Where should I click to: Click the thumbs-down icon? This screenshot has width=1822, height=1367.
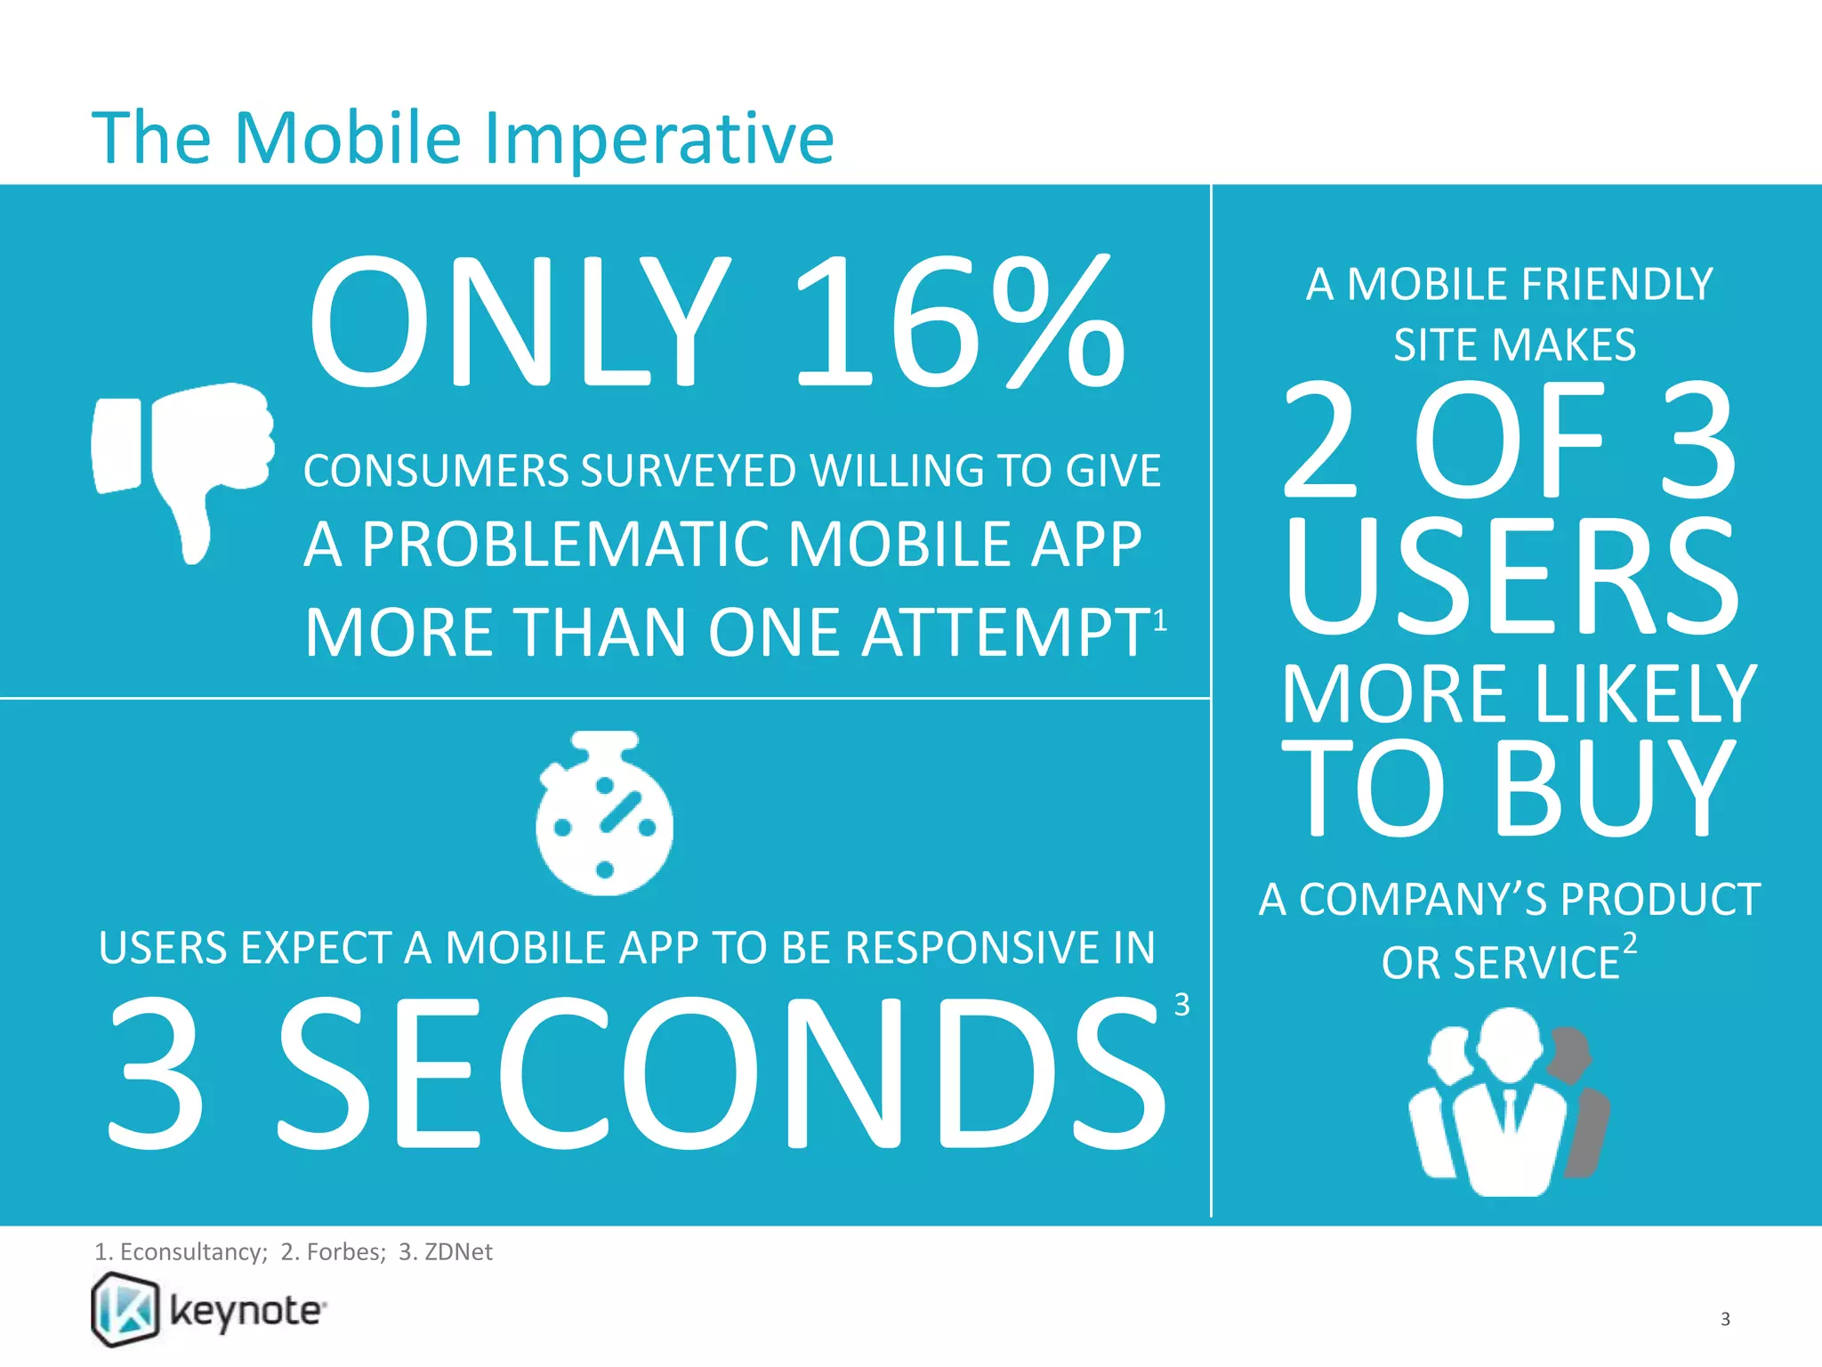(183, 463)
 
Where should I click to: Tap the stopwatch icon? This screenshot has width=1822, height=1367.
(605, 815)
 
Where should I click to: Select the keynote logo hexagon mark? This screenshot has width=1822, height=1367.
(125, 1309)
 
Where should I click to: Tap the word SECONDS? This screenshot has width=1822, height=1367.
(721, 1072)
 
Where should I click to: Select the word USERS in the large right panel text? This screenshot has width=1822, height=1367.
(1511, 577)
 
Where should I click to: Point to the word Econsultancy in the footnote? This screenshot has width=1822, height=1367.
(192, 1252)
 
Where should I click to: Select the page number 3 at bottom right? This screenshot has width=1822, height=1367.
(1725, 1319)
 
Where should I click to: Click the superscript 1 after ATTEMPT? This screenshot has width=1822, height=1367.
(1160, 619)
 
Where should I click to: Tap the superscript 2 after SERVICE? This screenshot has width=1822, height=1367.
(1629, 943)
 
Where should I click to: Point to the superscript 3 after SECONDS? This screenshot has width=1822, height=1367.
(1181, 1005)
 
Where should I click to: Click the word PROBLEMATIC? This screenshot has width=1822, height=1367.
(568, 545)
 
